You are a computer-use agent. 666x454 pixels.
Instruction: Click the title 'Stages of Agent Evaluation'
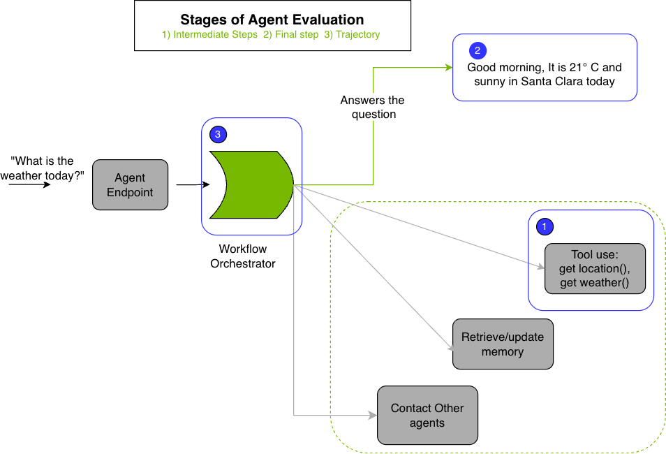(272, 20)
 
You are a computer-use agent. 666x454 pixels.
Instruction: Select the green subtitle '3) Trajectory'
(352, 34)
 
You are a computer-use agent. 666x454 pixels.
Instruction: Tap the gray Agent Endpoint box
(130, 184)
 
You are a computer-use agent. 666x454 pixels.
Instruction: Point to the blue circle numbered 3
(219, 134)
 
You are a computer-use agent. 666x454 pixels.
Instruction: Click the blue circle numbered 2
(478, 50)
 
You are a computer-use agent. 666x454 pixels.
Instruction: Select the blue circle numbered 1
(545, 226)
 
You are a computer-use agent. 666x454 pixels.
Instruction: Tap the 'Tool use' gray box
(594, 268)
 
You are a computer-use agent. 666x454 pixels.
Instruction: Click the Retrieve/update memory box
(502, 344)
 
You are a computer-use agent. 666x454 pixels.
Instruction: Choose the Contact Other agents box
(427, 415)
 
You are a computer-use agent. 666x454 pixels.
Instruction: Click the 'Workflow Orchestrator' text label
(243, 256)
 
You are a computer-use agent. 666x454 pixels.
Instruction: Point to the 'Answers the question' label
(372, 107)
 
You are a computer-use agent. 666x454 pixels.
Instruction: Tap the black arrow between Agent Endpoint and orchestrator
(189, 185)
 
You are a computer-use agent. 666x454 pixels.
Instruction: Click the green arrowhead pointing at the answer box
(449, 68)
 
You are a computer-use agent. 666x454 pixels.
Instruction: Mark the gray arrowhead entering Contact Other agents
(372, 416)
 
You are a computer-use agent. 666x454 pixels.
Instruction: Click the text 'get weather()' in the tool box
(594, 282)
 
